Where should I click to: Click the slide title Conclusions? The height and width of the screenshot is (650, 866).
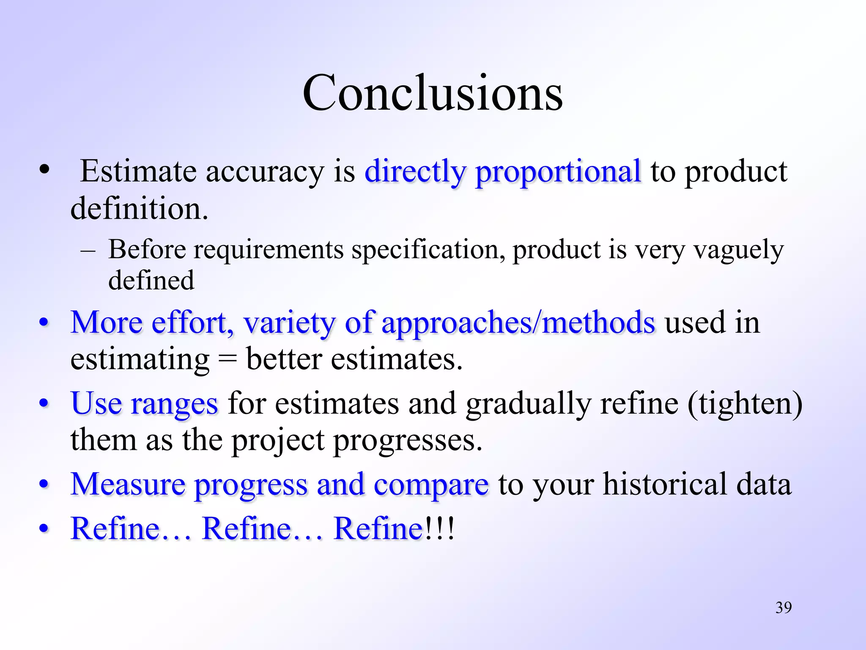433,93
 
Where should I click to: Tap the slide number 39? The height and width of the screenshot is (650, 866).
783,608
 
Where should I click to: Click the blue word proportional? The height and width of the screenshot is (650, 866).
558,172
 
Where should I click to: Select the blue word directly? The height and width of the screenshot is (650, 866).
415,172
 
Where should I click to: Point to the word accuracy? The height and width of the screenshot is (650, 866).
265,172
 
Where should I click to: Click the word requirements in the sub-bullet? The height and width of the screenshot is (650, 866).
269,250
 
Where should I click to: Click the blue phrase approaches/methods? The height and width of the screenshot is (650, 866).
518,323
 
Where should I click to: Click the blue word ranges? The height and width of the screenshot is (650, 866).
174,403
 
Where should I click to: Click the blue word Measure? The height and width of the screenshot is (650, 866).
128,484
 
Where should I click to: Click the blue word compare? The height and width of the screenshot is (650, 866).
431,485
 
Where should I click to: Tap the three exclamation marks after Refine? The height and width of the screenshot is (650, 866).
440,529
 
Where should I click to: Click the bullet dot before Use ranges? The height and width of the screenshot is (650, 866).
44,403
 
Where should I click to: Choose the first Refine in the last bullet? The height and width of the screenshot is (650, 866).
115,529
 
